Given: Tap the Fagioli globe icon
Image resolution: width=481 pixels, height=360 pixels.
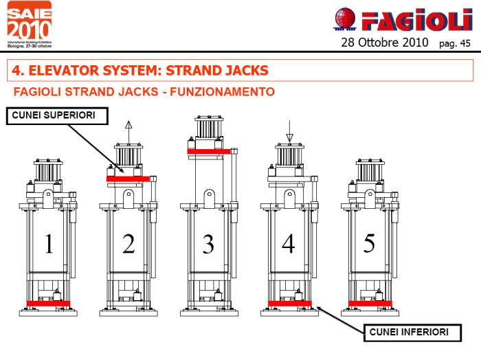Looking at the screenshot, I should click(346, 19).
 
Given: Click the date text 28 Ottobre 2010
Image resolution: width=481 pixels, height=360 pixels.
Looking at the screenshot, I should click(384, 43).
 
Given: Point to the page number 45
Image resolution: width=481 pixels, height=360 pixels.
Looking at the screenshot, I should click(465, 43).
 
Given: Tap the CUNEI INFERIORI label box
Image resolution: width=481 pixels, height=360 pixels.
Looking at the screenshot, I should click(408, 333).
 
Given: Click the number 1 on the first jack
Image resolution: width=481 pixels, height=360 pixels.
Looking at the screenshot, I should click(48, 244).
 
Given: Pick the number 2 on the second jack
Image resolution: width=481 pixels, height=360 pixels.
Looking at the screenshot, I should click(128, 244).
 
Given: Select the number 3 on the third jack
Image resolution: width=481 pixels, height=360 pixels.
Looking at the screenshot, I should click(208, 244).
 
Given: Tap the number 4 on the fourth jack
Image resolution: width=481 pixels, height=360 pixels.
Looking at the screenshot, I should click(289, 244).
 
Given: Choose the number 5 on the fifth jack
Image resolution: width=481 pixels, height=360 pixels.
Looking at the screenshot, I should click(369, 243).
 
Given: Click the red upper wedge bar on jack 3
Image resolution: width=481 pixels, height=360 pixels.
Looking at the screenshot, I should click(208, 150).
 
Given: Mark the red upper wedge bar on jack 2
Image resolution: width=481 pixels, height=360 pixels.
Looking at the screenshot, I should click(128, 179).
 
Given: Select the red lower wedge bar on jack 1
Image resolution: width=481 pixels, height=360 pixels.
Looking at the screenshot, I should click(48, 303).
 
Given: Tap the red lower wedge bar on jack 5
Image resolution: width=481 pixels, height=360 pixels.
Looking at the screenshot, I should click(370, 303).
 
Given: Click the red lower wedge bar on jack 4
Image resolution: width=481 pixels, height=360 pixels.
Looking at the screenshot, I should click(289, 303).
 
